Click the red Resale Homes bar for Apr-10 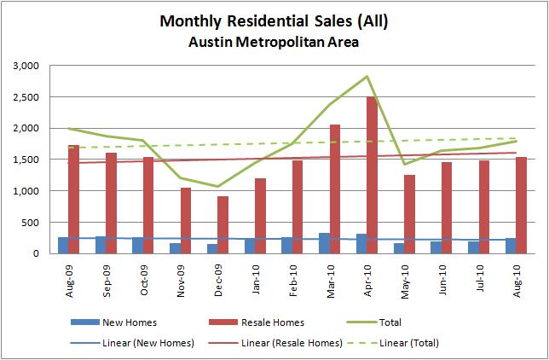(x=372, y=175)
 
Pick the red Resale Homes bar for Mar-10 (x=334, y=189)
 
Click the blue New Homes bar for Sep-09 (x=101, y=245)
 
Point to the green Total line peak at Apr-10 (x=367, y=77)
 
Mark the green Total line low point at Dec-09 (x=217, y=186)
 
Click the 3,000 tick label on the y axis (x=37, y=66)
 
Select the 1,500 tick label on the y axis (x=37, y=160)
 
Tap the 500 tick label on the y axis (x=41, y=223)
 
